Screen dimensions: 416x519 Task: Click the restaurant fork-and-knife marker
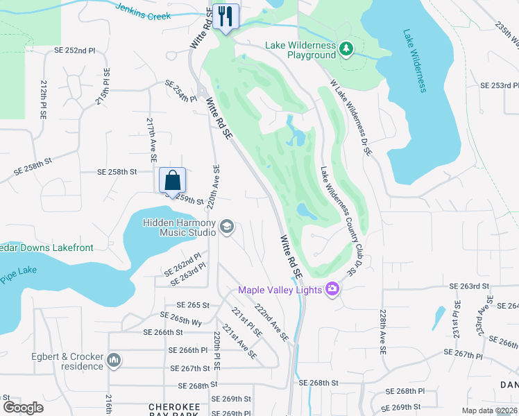pyautogui.click(x=226, y=17)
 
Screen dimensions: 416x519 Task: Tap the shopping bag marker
pyautogui.click(x=172, y=180)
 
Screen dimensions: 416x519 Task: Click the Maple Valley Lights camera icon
pyautogui.click(x=332, y=289)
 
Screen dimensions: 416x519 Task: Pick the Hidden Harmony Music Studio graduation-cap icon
pyautogui.click(x=226, y=227)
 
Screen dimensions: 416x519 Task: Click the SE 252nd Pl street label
pyautogui.click(x=74, y=51)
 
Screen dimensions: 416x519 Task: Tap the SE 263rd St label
pyautogui.click(x=470, y=286)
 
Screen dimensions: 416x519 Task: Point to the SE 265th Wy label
pyautogui.click(x=180, y=320)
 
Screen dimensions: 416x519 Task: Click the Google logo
pyautogui.click(x=23, y=408)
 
